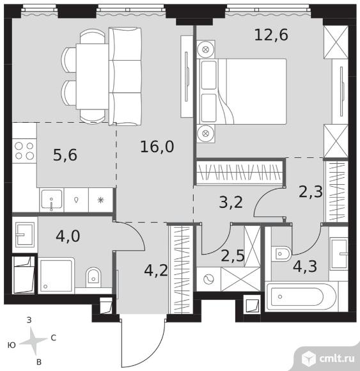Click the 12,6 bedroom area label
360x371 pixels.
click(x=271, y=35)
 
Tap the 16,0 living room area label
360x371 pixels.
click(x=157, y=146)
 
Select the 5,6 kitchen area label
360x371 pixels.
click(x=65, y=155)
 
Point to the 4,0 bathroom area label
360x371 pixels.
click(x=68, y=236)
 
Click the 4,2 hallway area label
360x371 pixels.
click(x=156, y=271)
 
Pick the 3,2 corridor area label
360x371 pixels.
click(x=231, y=202)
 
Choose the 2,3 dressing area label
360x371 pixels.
click(x=311, y=191)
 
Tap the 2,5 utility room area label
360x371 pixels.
click(x=233, y=255)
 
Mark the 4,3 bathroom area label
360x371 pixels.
click(x=305, y=266)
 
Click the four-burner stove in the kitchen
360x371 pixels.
click(x=24, y=151)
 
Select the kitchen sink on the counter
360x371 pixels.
click(x=52, y=200)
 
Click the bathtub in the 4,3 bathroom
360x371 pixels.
click(x=301, y=297)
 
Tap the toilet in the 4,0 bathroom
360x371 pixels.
click(x=93, y=277)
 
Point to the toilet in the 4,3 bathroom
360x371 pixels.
click(x=281, y=254)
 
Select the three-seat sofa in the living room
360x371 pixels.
click(x=125, y=76)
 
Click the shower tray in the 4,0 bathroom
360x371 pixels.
click(x=56, y=276)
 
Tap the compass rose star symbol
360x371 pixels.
click(x=34, y=340)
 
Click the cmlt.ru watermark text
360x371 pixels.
click(x=337, y=359)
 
